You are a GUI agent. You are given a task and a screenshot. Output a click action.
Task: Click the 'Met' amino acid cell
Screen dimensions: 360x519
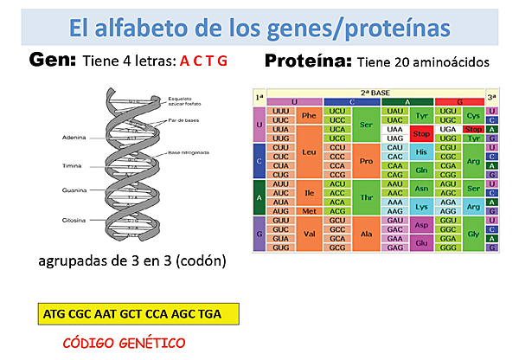(x=308, y=210)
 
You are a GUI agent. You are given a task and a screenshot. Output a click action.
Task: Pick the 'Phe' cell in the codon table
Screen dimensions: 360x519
(x=308, y=116)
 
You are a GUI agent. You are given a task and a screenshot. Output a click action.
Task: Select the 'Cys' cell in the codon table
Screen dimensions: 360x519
(x=472, y=116)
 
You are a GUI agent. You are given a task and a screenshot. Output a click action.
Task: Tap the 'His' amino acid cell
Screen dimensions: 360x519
(x=421, y=151)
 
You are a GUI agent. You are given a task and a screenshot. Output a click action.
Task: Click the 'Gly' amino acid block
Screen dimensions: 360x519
(x=472, y=234)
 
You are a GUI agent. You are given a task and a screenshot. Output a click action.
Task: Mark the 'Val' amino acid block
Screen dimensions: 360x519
(x=308, y=234)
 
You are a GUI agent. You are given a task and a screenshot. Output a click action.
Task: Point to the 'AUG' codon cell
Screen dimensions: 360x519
(x=280, y=210)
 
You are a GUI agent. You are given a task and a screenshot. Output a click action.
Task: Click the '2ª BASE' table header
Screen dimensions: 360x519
(x=375, y=92)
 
